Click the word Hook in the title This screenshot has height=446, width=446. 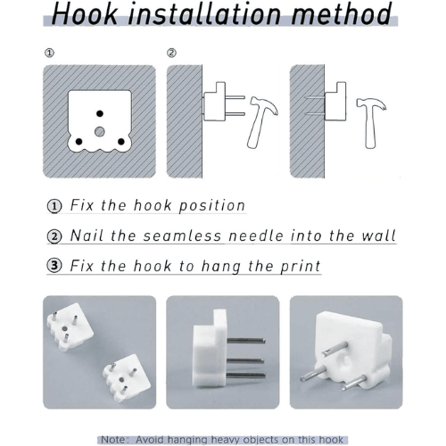[85, 13]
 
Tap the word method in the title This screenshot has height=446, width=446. [342, 13]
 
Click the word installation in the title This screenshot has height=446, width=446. [204, 13]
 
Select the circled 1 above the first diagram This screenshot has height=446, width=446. [49, 54]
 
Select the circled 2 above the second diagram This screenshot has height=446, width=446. [171, 54]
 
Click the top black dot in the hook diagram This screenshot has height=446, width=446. [100, 113]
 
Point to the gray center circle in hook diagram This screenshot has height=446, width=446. [100, 131]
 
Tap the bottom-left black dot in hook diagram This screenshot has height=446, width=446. [78, 142]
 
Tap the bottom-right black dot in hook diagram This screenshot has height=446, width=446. [121, 142]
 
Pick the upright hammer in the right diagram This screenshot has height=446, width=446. [370, 122]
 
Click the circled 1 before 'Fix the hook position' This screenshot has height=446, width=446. [54, 206]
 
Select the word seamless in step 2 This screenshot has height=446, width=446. [182, 235]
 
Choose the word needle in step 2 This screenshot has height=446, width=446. [256, 235]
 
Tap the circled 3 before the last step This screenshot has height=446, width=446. [54, 265]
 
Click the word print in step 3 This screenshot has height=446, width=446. [301, 267]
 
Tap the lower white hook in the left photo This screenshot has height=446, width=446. [127, 378]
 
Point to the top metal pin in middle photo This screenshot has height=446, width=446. [246, 341]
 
